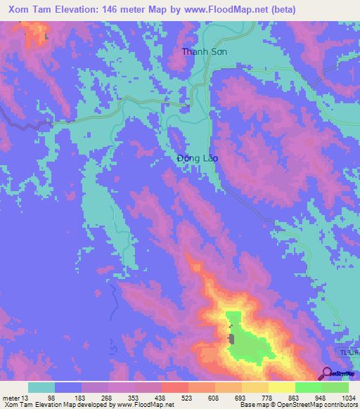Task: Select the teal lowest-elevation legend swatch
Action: coord(41,387)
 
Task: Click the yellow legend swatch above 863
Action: coord(281,387)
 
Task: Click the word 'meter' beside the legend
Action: coord(11,398)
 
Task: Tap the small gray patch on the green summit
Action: coord(231,339)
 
